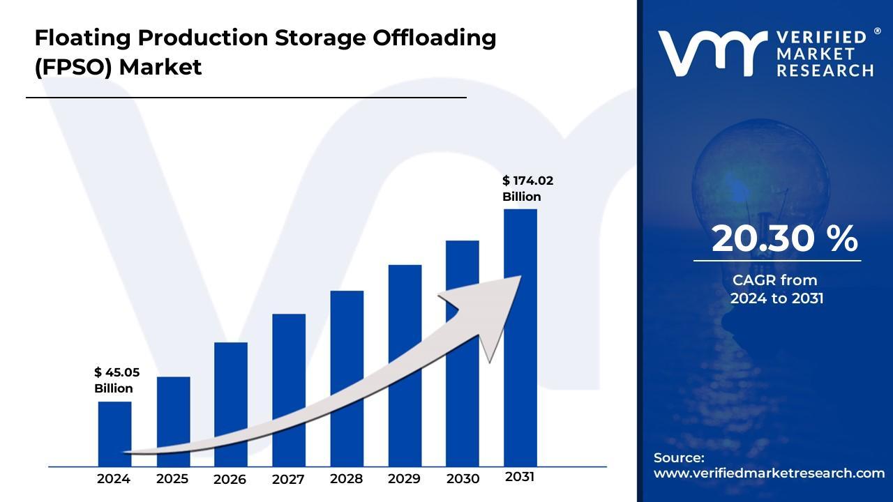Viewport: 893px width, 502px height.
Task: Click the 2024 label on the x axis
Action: [114, 479]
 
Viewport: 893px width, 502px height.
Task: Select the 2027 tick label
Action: [288, 479]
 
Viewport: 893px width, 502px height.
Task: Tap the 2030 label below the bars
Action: [463, 479]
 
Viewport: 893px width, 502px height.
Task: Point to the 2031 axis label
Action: [520, 477]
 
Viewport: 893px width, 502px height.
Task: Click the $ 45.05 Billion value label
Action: [117, 380]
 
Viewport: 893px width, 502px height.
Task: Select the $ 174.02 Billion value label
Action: [527, 188]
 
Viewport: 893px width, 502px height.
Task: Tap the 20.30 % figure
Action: [784, 239]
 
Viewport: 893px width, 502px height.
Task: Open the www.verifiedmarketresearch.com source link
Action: [769, 473]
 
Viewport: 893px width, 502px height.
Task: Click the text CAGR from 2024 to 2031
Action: [776, 289]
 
